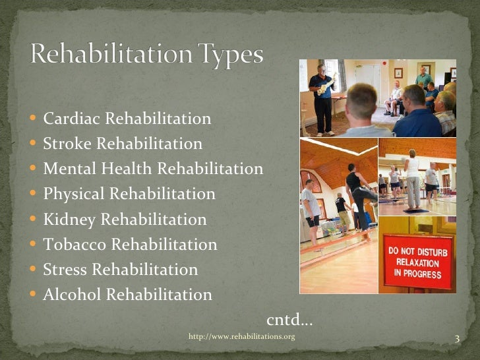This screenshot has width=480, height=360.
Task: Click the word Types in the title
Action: (x=227, y=55)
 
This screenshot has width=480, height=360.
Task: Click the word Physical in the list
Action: (x=74, y=194)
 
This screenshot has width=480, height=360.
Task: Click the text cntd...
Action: (x=289, y=320)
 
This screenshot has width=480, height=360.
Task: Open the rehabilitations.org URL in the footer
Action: (x=241, y=337)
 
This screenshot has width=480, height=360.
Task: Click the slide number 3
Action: (x=456, y=339)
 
